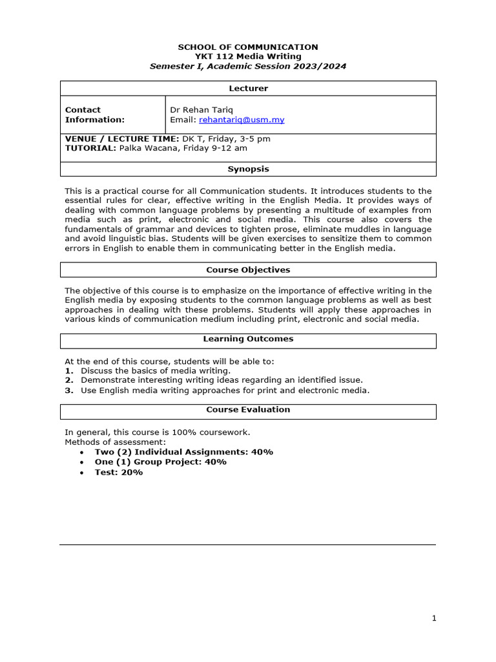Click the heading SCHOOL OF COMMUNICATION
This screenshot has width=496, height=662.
click(x=248, y=47)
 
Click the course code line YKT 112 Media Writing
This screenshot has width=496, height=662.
click(x=248, y=57)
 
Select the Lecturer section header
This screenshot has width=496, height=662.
click(x=248, y=89)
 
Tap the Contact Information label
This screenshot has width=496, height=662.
click(x=94, y=114)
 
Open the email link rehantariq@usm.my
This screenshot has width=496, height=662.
click(x=242, y=120)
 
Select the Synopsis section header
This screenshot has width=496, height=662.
click(x=248, y=169)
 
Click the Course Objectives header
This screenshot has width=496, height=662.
click(x=248, y=270)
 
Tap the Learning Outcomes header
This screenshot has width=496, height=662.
click(x=248, y=339)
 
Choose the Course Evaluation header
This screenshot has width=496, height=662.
click(x=248, y=410)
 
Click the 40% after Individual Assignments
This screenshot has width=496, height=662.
click(x=262, y=452)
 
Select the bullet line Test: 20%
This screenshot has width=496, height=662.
click(x=119, y=473)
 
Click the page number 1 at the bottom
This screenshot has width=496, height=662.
click(x=434, y=619)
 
